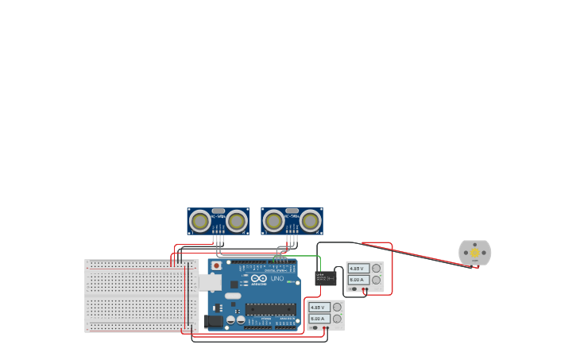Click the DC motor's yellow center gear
click(474, 253)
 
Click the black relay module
click(326, 278)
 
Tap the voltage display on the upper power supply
click(358, 269)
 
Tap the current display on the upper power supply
click(358, 280)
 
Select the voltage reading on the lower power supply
click(319, 308)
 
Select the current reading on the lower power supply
click(319, 318)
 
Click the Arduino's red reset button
click(215, 265)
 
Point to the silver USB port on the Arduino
click(209, 282)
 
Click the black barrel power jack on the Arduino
click(213, 321)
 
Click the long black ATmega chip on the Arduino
click(270, 309)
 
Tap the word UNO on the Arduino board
click(277, 279)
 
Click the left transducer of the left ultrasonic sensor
click(200, 220)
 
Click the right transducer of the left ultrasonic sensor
click(236, 220)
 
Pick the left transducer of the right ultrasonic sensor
click(274, 220)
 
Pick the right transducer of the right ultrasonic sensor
click(310, 220)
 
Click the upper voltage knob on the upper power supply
click(377, 269)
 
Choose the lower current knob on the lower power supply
click(338, 319)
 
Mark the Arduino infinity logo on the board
click(259, 279)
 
